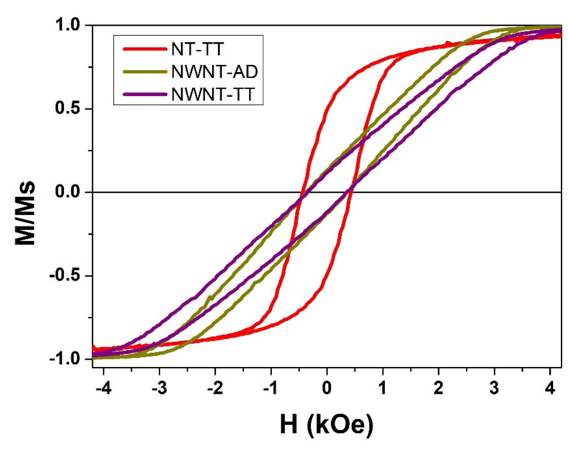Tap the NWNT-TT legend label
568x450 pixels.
(213, 94)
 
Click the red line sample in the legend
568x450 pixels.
(145, 49)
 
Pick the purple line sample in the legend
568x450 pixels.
(145, 94)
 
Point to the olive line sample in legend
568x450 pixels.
(145, 72)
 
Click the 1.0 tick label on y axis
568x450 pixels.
(67, 26)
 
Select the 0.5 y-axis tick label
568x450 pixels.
(67, 109)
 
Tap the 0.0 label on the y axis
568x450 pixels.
(67, 192)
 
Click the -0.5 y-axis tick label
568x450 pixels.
(65, 276)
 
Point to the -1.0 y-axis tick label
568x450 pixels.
(65, 359)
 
